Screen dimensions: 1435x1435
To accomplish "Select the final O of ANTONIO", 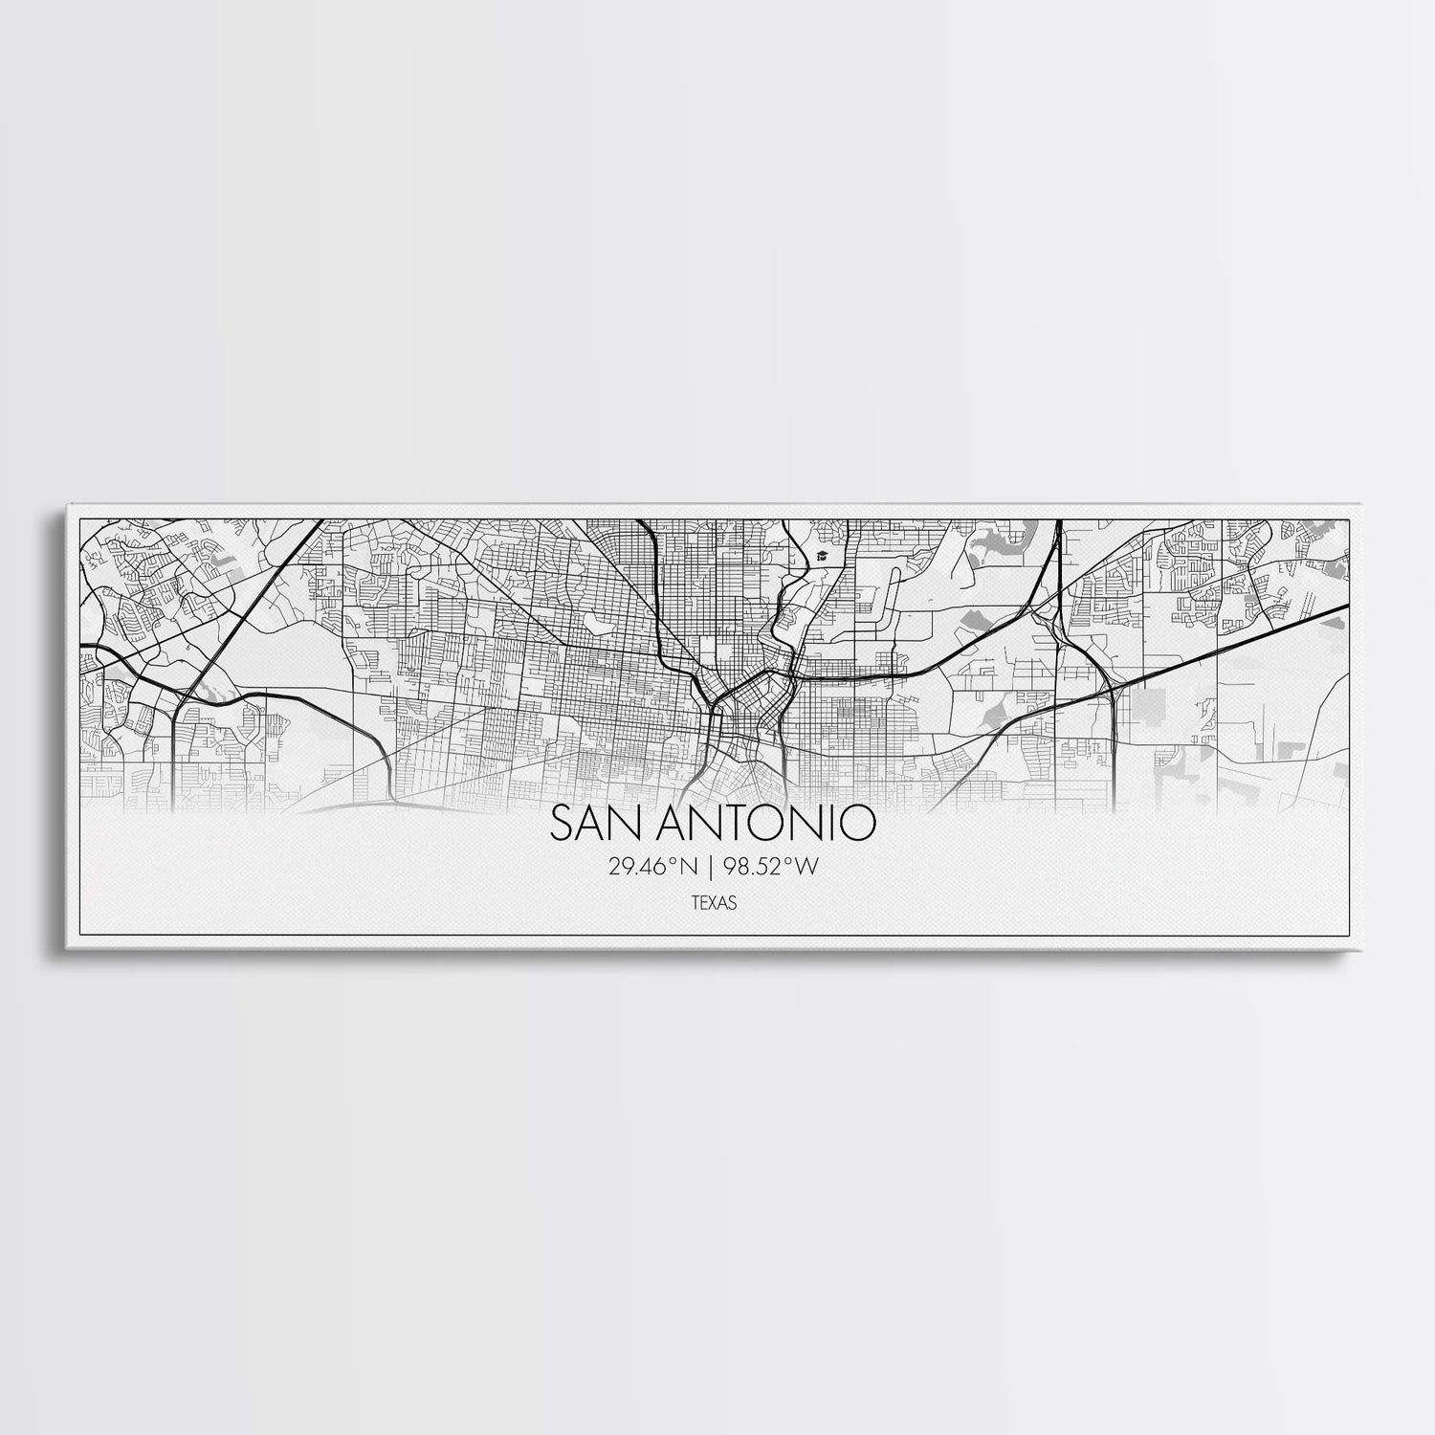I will pyautogui.click(x=858, y=824).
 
